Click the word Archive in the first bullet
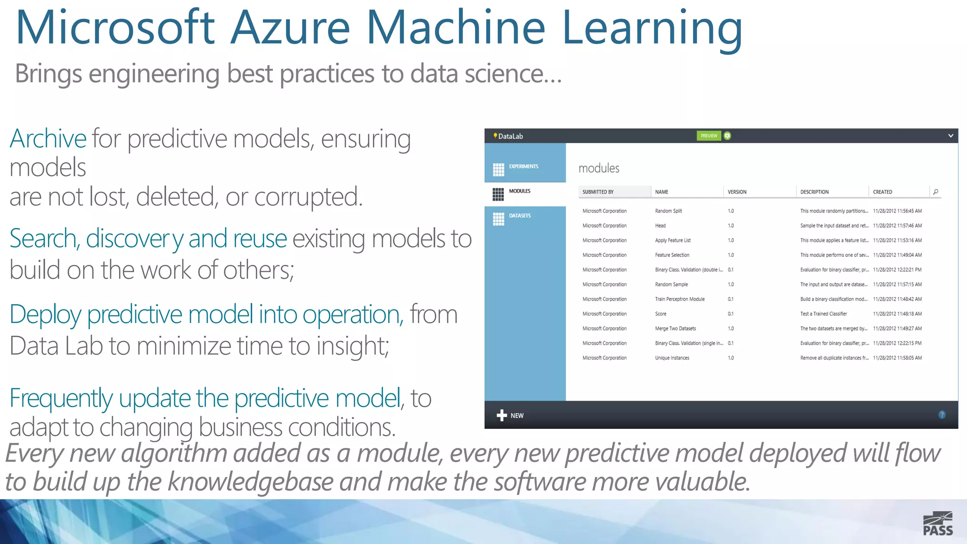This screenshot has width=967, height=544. click(48, 139)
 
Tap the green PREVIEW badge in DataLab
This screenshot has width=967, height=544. click(709, 136)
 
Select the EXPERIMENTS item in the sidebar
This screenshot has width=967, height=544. click(523, 167)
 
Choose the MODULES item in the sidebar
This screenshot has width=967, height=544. click(519, 191)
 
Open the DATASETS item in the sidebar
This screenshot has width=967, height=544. click(519, 216)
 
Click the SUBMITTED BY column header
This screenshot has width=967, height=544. click(598, 192)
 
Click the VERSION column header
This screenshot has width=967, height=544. click(737, 192)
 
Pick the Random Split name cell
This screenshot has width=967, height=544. click(668, 211)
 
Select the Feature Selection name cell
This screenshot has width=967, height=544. click(672, 255)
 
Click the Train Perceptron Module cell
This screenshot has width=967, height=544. click(679, 299)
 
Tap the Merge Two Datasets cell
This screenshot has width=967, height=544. click(675, 329)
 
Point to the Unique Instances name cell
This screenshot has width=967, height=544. click(672, 358)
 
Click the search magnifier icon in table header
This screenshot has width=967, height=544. click(935, 192)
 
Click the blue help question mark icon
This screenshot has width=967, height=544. click(942, 415)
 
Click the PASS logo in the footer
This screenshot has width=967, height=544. click(938, 524)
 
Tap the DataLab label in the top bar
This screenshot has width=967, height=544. click(510, 136)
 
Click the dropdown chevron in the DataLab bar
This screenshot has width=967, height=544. click(950, 136)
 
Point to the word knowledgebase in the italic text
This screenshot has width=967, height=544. click(250, 482)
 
